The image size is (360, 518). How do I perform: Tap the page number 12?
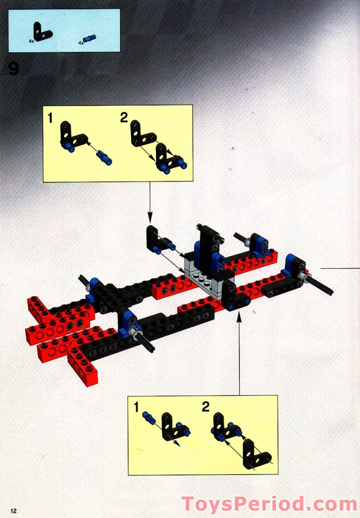pos(14,511)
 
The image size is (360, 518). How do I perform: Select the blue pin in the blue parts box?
pos(89,38)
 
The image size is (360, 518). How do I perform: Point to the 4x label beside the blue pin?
pos(81,43)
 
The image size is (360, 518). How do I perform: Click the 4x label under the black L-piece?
pos(31,41)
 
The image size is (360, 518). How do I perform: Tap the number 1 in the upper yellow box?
pos(50,118)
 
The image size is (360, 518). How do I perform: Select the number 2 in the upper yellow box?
pos(124,118)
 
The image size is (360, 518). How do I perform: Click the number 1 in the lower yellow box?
pos(136,407)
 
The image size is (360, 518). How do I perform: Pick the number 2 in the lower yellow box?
pos(205,407)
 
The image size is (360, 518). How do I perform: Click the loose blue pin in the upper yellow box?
pos(104,158)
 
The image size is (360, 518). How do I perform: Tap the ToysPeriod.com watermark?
pos(270,504)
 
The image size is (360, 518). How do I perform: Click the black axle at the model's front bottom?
pos(145,344)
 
